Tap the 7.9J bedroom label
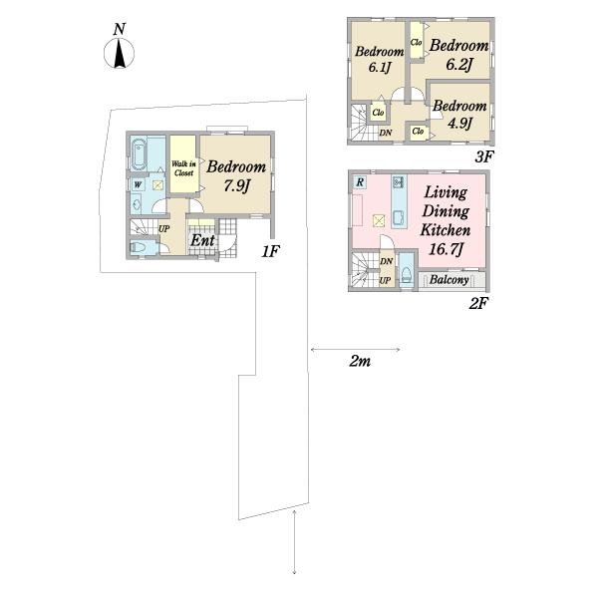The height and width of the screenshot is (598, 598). point(236,175)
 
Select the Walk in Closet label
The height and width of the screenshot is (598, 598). point(183,168)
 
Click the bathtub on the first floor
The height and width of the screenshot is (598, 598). point(139,155)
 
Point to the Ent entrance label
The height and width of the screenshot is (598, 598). point(202,240)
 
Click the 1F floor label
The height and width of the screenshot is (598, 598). point(270,251)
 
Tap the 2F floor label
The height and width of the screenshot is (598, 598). point(478,304)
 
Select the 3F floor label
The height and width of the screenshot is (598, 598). point(484,156)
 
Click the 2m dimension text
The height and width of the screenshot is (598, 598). point(360,361)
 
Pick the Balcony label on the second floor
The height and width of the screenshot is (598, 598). point(448,280)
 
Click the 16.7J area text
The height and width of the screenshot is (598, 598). point(446,249)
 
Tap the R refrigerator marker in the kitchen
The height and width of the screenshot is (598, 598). point(359,182)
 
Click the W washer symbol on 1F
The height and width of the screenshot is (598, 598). point(139,185)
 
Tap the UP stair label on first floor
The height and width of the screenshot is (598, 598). point(164,229)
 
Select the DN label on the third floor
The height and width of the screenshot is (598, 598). point(385,134)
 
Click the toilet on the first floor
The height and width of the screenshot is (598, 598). point(139,247)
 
